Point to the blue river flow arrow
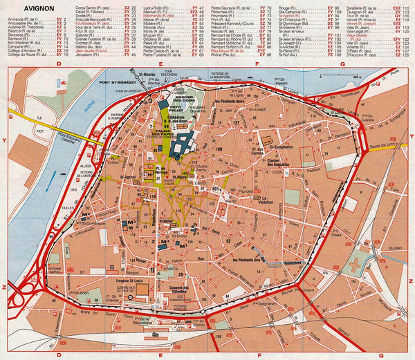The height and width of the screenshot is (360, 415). pyautogui.click(x=48, y=183)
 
